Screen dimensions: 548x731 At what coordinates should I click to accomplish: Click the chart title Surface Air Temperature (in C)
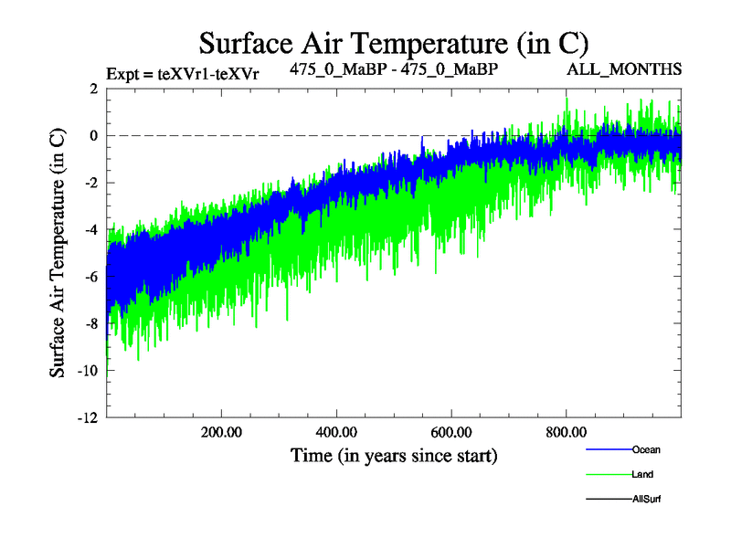click(393, 43)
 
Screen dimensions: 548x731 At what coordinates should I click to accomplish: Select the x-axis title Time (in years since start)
click(394, 454)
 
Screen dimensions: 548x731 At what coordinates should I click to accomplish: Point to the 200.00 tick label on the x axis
click(221, 432)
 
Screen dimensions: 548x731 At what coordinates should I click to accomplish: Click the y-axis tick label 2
click(94, 89)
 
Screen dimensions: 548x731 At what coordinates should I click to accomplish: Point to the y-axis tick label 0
click(94, 135)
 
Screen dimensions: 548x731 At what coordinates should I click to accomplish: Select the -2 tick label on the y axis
click(91, 183)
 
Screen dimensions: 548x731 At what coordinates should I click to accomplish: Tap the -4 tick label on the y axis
click(91, 229)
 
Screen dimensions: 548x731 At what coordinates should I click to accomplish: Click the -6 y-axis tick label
click(91, 277)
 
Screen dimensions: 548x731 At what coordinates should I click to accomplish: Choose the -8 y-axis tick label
click(91, 323)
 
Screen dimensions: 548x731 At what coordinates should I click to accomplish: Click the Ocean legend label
click(646, 449)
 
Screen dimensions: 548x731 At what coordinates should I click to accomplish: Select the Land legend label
click(642, 474)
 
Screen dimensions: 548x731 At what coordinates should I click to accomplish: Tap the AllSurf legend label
click(646, 499)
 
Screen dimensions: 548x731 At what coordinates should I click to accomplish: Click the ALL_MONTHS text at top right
click(624, 69)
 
